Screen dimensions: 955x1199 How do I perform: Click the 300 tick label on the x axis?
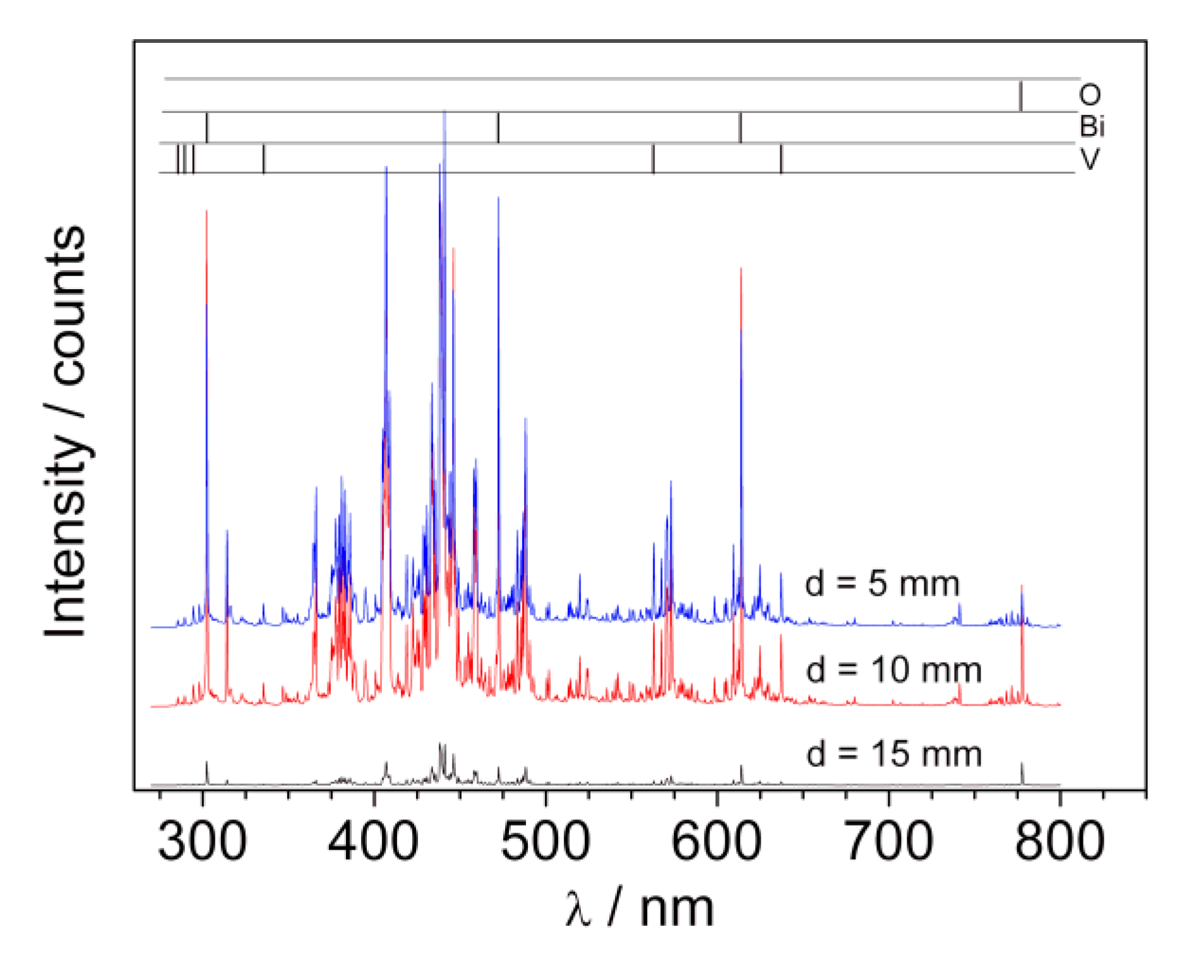tap(202, 842)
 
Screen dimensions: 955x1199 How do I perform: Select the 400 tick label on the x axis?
tap(374, 842)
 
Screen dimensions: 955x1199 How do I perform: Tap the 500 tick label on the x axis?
tap(546, 842)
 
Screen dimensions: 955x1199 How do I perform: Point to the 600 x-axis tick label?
tap(717, 842)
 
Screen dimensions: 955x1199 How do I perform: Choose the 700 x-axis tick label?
tap(888, 842)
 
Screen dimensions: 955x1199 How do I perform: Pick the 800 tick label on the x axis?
tap(1060, 842)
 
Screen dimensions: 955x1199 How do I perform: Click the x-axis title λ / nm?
tap(640, 909)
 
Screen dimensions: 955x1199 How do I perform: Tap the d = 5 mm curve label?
tap(882, 584)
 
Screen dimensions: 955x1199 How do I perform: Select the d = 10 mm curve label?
tap(893, 670)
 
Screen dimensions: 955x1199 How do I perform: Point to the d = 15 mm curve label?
tap(893, 754)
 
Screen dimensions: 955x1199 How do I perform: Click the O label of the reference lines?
tap(1090, 95)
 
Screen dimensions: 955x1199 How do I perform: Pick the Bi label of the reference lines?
tap(1092, 127)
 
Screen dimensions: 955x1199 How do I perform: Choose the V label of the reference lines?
tap(1090, 159)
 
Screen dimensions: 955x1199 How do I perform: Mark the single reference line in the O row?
tap(1020, 96)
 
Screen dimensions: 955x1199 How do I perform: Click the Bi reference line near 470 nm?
tap(498, 128)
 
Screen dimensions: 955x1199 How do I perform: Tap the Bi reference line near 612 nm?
tap(741, 128)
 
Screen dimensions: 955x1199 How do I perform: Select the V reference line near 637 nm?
tap(781, 158)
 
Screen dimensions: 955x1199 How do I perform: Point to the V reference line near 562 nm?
tap(653, 158)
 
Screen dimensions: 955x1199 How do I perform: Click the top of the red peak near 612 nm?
tap(741, 270)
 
